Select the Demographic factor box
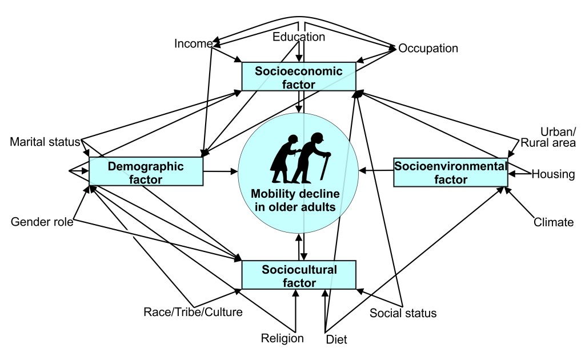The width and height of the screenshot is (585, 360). [x=146, y=172]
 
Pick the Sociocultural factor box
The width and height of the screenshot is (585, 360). [x=299, y=275]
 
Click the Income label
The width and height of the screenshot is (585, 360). [x=194, y=44]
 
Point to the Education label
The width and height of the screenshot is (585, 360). [x=298, y=37]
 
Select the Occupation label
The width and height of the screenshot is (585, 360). [x=428, y=49]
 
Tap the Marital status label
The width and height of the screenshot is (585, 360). [x=45, y=142]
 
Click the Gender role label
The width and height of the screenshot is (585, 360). [x=42, y=222]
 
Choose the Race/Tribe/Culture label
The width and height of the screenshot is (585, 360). [x=193, y=312]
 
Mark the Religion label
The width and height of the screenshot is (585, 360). [x=282, y=338]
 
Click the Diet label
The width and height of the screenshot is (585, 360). [x=336, y=339]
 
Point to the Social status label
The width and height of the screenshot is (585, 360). [x=403, y=313]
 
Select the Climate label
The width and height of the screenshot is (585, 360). [x=553, y=222]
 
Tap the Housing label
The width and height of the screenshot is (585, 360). [x=553, y=174]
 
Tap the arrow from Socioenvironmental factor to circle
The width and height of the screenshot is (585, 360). [x=376, y=170]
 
